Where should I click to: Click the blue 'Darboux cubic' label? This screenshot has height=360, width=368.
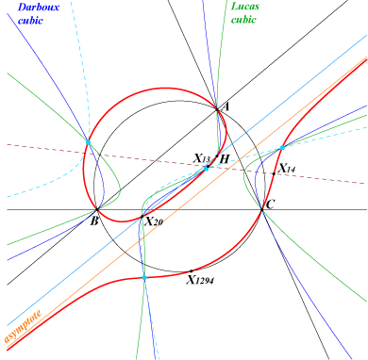coord(38,13)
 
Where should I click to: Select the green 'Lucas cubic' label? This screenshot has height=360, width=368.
coord(245,13)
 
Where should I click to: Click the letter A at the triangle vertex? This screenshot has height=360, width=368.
coord(226,107)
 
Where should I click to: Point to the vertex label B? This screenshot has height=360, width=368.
coord(94,221)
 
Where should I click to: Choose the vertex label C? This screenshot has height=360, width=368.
coord(270,205)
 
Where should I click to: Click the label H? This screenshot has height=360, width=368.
coord(224,159)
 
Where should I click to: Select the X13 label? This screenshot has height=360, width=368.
coord(201,158)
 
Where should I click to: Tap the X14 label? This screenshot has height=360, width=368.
coord(287,169)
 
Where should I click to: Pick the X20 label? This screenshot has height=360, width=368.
coord(154,221)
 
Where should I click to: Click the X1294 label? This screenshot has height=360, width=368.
coord(200,279)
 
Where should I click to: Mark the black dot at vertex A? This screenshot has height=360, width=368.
coord(217,109)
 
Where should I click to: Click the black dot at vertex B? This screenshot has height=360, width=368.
coord(97,209)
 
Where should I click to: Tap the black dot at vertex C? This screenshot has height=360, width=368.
coord(262,209)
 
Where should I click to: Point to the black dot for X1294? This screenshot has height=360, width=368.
coord(192,270)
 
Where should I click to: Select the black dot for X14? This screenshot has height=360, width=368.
coord(274,173)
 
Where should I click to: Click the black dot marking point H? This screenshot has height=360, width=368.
coord(217,156)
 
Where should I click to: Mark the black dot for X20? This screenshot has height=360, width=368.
coord(142,217)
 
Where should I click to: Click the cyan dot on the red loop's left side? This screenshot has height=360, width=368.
coord(88,142)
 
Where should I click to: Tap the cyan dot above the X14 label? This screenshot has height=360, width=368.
coord(282,148)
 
